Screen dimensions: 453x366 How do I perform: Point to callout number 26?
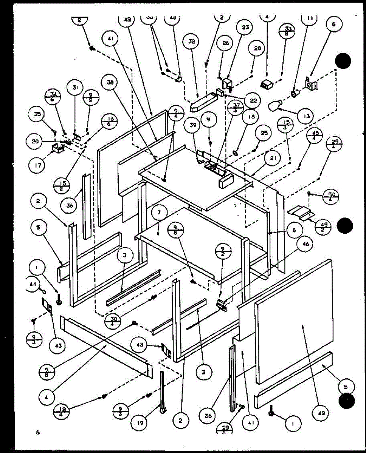[226, 43]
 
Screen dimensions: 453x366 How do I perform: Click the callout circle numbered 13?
[306, 116]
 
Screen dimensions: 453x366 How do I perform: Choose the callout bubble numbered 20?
[35, 142]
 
